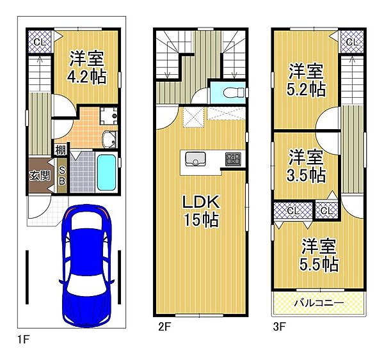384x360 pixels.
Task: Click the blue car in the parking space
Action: tap(86, 265)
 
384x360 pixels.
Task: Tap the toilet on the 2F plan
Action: tap(234, 93)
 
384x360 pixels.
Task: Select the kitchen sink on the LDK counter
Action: tap(195, 159)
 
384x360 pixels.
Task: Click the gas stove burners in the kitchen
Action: tap(233, 159)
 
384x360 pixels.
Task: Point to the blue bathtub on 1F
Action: tap(106, 172)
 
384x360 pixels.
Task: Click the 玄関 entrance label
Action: tap(40, 175)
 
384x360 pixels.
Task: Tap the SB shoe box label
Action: tap(62, 175)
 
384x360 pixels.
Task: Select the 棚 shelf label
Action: tap(60, 150)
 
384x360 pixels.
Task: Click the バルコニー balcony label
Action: tap(319, 303)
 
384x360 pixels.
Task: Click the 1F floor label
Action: tap(24, 340)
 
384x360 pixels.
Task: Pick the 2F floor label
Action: tap(164, 327)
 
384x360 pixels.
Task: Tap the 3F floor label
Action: tap(280, 327)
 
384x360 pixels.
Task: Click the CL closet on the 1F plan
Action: tap(40, 42)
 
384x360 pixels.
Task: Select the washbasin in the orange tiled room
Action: tap(109, 139)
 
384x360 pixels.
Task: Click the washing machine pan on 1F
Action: tap(108, 116)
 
